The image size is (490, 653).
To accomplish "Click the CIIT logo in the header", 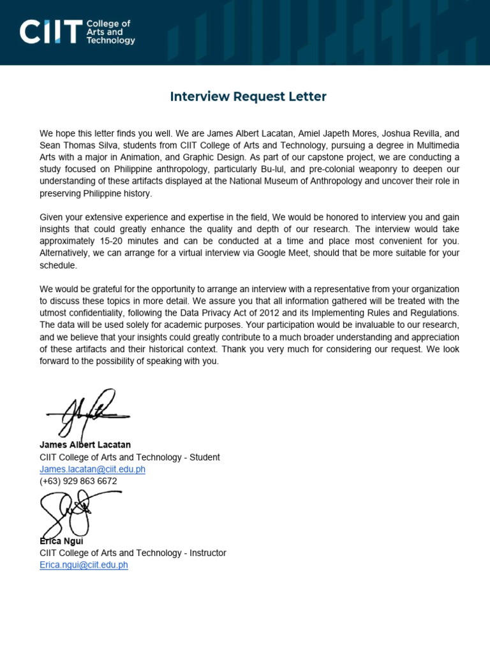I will [x=51, y=32].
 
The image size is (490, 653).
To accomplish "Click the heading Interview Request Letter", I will [x=248, y=96].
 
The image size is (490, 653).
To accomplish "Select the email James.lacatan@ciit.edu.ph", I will [x=93, y=469].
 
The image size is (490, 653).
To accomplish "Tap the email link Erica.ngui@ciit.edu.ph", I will [x=84, y=565].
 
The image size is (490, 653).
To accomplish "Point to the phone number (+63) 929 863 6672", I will [x=78, y=481].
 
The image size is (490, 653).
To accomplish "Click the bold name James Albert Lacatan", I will [x=85, y=444].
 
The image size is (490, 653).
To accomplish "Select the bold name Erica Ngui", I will [x=61, y=541].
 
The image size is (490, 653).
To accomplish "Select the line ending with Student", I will [x=130, y=457].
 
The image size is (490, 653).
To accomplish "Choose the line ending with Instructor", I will [x=133, y=553].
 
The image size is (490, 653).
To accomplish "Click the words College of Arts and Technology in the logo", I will [x=110, y=32].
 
